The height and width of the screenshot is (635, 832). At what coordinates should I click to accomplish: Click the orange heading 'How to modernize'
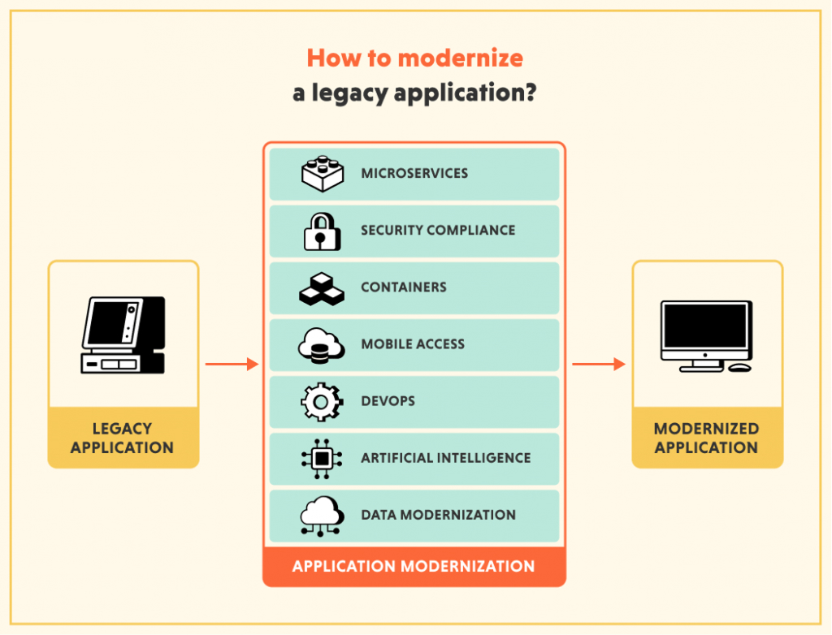click(414, 58)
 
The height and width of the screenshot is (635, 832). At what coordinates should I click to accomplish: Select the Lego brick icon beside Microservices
click(322, 174)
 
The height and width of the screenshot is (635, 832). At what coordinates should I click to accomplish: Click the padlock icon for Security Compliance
click(322, 231)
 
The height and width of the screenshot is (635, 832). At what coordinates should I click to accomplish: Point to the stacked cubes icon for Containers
click(322, 288)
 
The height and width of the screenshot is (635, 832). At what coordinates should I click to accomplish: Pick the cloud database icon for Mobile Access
click(322, 345)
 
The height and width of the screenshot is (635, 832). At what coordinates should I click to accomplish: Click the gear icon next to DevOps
click(322, 402)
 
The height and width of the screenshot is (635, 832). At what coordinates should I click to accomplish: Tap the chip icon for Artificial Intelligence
click(322, 459)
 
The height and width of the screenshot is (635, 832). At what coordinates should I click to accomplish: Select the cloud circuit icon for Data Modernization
click(322, 516)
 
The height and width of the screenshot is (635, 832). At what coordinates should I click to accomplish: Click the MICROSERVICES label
click(414, 174)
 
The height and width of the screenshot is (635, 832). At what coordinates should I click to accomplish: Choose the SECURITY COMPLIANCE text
click(438, 231)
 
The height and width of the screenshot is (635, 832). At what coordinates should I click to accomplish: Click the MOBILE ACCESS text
click(413, 344)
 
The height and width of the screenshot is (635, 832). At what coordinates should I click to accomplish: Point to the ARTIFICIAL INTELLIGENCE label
click(445, 458)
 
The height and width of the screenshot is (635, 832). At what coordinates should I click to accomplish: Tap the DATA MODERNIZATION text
click(438, 515)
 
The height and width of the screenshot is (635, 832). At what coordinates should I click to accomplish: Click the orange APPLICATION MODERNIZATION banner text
click(414, 566)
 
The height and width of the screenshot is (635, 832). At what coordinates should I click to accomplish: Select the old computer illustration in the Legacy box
click(123, 335)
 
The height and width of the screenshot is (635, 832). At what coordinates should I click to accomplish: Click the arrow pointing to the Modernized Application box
click(599, 365)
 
